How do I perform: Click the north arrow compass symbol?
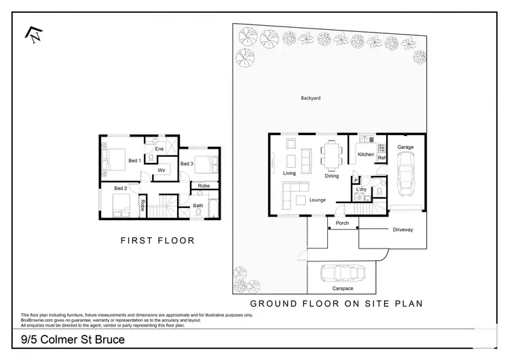[x=32, y=34]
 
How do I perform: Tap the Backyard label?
[x=310, y=98]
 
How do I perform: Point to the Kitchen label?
[x=366, y=155]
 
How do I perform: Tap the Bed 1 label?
[x=134, y=160]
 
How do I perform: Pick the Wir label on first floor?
[x=162, y=170]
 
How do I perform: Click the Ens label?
[x=159, y=149]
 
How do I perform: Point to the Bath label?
[x=198, y=205]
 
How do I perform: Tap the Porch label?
[x=342, y=223]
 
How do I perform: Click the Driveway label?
[x=402, y=230]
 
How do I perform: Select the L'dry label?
[x=361, y=190]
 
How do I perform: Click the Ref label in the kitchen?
[x=381, y=158]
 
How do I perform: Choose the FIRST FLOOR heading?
[x=157, y=240]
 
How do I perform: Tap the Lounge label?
[x=317, y=200]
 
